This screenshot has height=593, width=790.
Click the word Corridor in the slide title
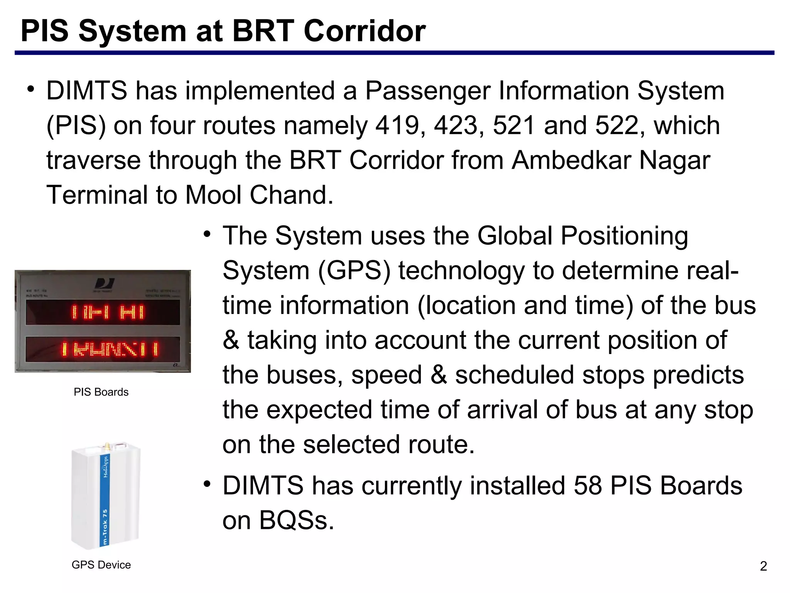(365, 31)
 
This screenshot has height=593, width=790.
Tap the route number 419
(397, 125)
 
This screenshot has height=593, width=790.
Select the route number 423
(456, 125)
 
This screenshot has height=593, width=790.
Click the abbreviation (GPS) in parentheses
(354, 270)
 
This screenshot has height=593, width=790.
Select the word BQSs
(295, 520)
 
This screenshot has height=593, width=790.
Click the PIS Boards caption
(101, 392)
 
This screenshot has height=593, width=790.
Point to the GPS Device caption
(101, 565)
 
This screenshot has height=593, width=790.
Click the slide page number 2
(763, 566)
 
